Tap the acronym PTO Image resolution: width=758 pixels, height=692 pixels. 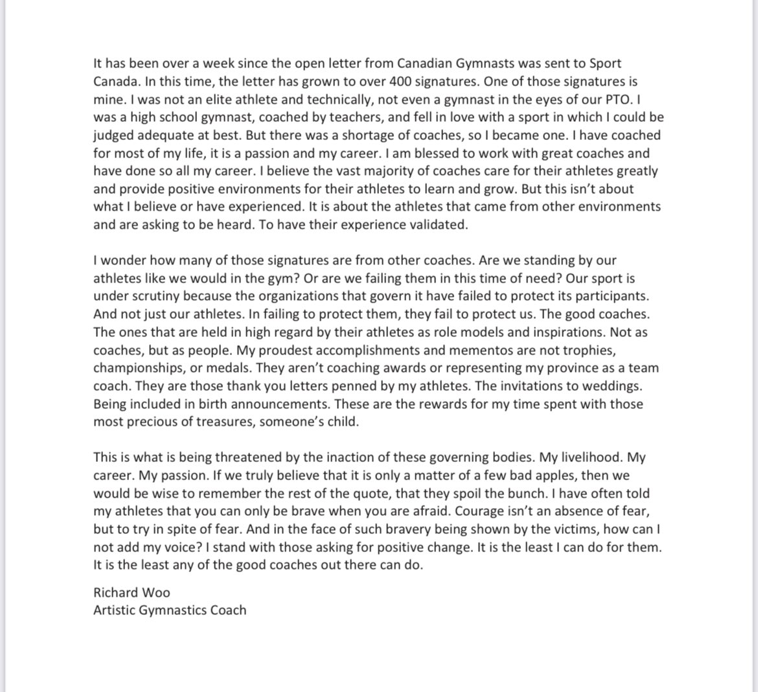(x=615, y=100)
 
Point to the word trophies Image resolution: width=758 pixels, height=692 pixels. (x=582, y=350)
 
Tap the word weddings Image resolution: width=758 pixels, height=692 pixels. (x=612, y=386)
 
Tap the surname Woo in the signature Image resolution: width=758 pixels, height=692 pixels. (x=157, y=592)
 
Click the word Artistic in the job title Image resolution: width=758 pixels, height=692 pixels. (x=114, y=610)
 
